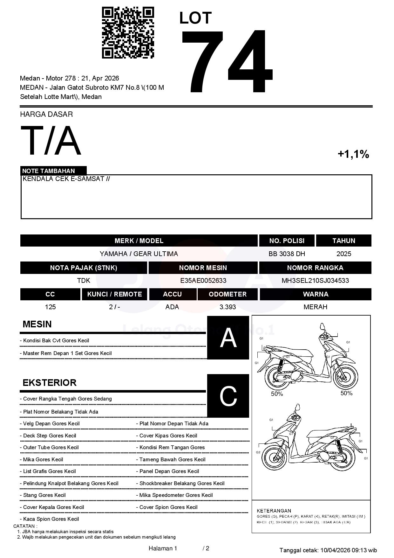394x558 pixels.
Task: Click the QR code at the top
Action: click(128, 33)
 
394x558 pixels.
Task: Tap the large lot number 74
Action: click(227, 61)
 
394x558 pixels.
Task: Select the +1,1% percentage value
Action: click(353, 154)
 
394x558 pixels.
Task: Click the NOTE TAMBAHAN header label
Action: click(49, 171)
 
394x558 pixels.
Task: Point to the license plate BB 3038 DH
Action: click(287, 254)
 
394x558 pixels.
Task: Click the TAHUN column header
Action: click(343, 241)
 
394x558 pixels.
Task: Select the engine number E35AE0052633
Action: click(203, 281)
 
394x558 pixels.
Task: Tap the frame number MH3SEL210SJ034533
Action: click(315, 281)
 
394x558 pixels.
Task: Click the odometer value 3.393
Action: click(228, 307)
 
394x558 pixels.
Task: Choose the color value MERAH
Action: click(315, 307)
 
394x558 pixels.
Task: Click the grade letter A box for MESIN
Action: click(228, 338)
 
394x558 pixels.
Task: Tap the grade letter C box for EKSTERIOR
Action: click(228, 396)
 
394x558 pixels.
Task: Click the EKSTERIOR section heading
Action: click(50, 382)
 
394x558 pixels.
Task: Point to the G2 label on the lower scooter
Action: click(258, 452)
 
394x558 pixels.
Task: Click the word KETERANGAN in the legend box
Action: click(274, 511)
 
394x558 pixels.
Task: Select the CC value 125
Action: click(50, 307)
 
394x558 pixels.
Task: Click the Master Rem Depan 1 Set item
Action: click(67, 353)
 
